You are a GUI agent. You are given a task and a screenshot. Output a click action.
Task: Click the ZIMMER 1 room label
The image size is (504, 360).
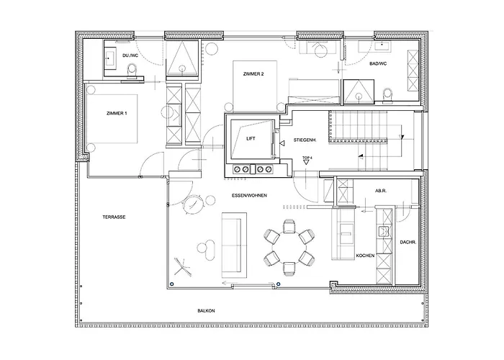pyautogui.click(x=117, y=113)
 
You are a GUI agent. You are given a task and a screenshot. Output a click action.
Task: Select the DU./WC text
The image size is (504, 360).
pyautogui.click(x=131, y=55)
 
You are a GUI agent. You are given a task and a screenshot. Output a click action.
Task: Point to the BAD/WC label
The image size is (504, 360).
pyautogui.click(x=377, y=64)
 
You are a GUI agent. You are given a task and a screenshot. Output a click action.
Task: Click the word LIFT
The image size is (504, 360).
pyautogui.click(x=251, y=138)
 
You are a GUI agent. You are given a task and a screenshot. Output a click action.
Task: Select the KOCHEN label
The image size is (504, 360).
pyautogui.click(x=365, y=256)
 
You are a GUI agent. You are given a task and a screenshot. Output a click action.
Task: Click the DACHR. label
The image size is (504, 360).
pyautogui.click(x=408, y=242)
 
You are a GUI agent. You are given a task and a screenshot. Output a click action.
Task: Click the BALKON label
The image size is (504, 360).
pyautogui.click(x=207, y=310)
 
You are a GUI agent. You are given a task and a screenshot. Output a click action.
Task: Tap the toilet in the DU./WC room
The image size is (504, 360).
pyautogui.click(x=131, y=69)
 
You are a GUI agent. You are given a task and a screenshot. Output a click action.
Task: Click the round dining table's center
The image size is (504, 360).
pyautogui.click(x=289, y=247)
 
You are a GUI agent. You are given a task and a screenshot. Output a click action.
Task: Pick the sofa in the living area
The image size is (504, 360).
pyautogui.click(x=234, y=243)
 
